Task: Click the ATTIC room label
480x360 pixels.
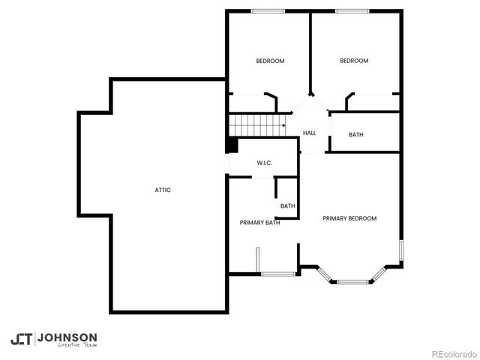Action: point(163,190)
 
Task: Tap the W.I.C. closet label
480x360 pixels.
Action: point(264,163)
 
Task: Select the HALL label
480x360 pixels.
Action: point(309,133)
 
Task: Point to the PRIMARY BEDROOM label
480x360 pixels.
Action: point(349,218)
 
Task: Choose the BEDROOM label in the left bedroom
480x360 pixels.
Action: point(270,61)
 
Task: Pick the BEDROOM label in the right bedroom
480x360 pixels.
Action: point(354,61)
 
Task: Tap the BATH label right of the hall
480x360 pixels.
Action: point(356,135)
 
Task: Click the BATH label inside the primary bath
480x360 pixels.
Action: point(287,205)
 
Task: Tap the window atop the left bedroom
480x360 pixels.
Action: point(268,10)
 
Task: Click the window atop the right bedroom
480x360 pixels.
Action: point(352,10)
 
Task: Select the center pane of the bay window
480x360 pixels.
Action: point(352,282)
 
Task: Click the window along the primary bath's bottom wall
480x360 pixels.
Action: point(277,274)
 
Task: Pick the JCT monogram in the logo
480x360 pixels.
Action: point(22,339)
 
